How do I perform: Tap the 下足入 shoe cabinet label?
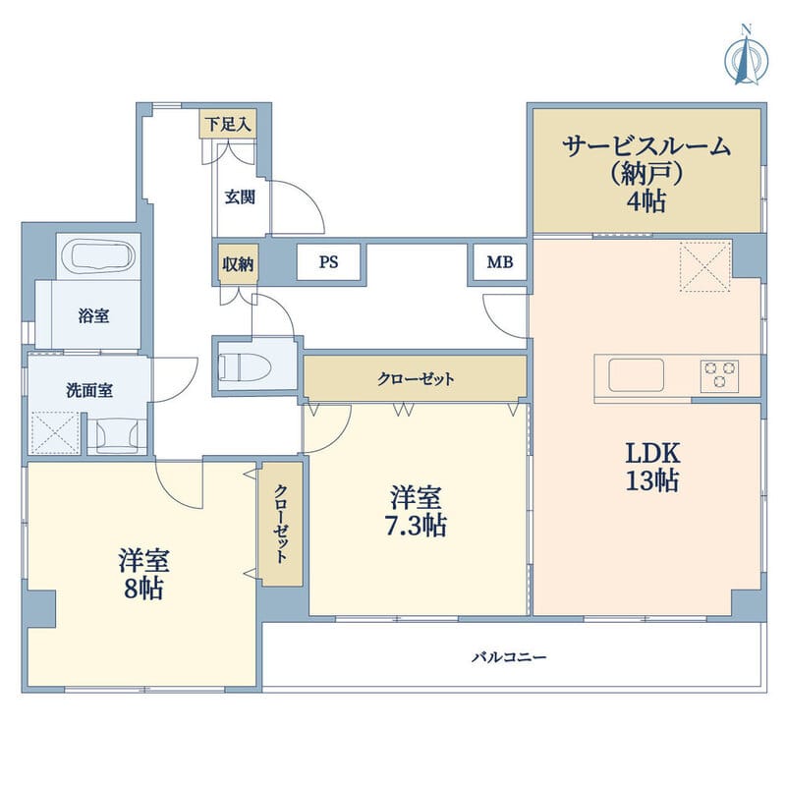click(x=227, y=124)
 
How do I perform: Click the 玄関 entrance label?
click(x=239, y=196)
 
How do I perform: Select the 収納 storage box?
click(x=237, y=263)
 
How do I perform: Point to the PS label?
click(x=329, y=263)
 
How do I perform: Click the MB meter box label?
click(x=499, y=263)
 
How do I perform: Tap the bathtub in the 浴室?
click(x=96, y=257)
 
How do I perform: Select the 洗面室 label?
click(x=88, y=389)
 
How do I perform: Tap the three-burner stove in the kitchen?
click(x=720, y=375)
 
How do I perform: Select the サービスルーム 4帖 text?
click(x=646, y=174)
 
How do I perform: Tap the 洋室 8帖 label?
click(x=143, y=575)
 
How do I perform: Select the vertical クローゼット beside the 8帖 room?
click(x=282, y=525)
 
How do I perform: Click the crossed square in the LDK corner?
click(x=704, y=265)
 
